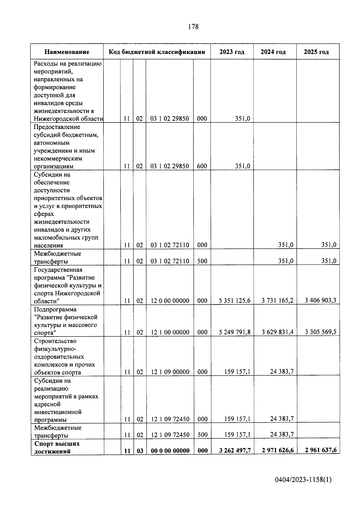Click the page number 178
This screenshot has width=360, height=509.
(193, 27)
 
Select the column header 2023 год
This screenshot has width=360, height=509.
(232, 52)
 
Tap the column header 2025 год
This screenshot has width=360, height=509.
(316, 52)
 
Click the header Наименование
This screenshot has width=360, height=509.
(67, 52)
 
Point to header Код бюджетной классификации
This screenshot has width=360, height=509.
(157, 52)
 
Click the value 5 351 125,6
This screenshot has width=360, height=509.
(235, 301)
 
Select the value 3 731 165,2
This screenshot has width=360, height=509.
(277, 300)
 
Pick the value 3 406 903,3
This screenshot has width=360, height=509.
(320, 300)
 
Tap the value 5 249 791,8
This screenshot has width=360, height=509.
(235, 332)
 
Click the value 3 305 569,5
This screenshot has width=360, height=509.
(320, 332)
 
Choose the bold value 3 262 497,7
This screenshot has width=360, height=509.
(235, 451)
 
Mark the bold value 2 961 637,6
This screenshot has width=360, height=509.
(320, 450)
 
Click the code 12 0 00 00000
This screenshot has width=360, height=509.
(170, 301)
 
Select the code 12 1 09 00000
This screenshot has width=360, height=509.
(170, 372)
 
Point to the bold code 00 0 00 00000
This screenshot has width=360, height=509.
(170, 451)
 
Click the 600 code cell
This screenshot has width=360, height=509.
(202, 166)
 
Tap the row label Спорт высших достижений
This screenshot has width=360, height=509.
(57, 447)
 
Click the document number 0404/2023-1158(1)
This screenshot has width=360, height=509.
(303, 480)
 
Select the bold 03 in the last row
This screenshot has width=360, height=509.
(140, 451)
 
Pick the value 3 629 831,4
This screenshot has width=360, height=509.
(277, 332)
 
